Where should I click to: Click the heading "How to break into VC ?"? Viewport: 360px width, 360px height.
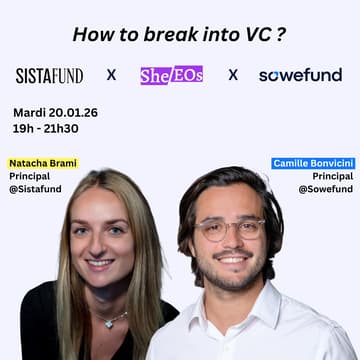point(179,33)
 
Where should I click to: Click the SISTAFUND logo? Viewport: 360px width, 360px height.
point(49,75)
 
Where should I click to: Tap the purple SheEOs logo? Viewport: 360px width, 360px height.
point(171,74)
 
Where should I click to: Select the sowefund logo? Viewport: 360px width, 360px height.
point(300,75)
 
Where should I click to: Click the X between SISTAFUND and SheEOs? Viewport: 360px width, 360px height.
point(111,75)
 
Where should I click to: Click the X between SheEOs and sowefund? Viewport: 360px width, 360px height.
point(233,75)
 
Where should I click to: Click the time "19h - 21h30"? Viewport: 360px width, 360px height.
point(45,128)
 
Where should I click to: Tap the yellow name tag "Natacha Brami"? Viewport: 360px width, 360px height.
point(42,163)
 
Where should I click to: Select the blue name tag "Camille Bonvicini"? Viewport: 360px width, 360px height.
point(312,163)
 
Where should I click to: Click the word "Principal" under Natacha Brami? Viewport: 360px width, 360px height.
point(30,176)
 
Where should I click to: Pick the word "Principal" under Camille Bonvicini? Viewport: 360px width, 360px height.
point(332,176)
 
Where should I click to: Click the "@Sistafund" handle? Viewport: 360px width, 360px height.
point(37,189)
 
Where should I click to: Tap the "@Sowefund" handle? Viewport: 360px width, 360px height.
point(325,189)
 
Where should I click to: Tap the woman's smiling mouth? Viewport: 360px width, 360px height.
point(100,263)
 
